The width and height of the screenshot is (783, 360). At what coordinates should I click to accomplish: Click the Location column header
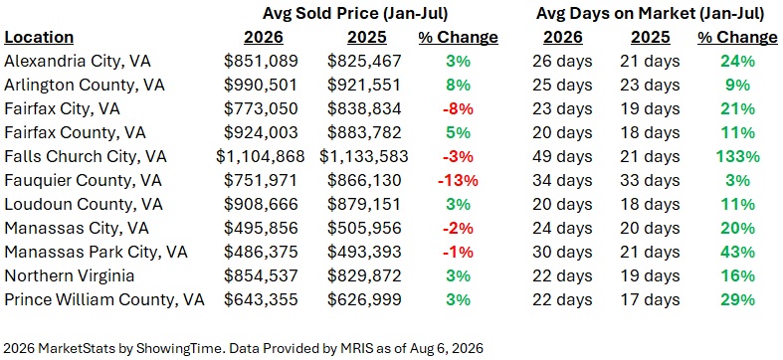click(39, 37)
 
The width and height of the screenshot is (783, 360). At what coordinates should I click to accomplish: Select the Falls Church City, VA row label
click(86, 156)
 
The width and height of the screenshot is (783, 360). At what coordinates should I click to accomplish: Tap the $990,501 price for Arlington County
click(260, 85)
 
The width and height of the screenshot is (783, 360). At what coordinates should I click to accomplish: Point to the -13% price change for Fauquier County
click(458, 180)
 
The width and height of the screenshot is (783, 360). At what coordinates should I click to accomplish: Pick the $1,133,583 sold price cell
click(364, 157)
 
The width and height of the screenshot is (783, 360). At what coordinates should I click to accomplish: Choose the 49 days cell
click(562, 156)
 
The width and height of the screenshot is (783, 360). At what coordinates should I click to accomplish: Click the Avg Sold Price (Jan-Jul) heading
click(355, 14)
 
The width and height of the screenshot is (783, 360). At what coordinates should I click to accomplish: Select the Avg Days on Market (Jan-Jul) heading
click(650, 14)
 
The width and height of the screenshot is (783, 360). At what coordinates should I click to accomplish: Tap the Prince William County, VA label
click(104, 299)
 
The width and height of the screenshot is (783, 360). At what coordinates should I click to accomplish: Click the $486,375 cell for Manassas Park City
click(260, 253)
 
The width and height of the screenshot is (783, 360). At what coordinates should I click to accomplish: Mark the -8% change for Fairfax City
click(458, 108)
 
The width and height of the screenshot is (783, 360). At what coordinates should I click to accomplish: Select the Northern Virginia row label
click(70, 275)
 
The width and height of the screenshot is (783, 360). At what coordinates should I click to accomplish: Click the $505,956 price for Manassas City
click(364, 228)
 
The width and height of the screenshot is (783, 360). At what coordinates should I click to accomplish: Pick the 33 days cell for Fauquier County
click(650, 180)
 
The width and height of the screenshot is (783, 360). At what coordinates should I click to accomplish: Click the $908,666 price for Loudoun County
click(260, 204)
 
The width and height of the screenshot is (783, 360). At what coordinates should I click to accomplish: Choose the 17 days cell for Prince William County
click(650, 299)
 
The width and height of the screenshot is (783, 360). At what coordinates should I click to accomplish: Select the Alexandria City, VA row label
click(78, 61)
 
